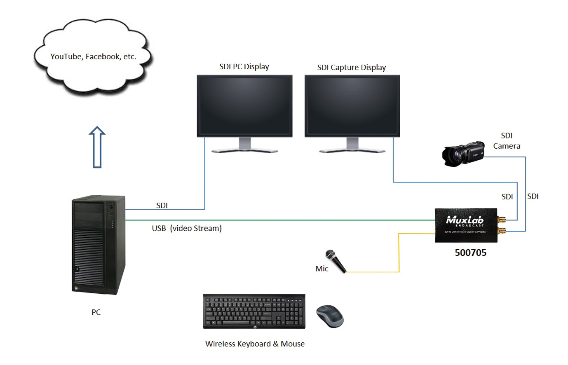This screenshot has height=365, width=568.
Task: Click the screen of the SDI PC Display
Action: (x=244, y=105)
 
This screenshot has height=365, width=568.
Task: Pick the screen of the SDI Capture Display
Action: (x=352, y=105)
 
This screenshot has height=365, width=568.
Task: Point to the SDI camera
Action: (x=462, y=154)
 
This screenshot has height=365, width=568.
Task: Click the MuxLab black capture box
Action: (x=466, y=225)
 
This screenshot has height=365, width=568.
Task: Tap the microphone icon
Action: (x=336, y=261)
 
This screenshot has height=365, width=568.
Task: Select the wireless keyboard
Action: (x=254, y=311)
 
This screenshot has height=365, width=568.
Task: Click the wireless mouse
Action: (x=329, y=316)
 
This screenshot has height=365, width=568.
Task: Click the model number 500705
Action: (x=470, y=253)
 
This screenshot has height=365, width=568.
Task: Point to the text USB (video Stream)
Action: (x=187, y=228)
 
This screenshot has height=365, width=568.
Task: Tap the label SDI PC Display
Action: (x=244, y=67)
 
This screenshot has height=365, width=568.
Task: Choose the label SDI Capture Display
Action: (x=352, y=68)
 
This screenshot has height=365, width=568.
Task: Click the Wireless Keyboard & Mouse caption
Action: (x=255, y=344)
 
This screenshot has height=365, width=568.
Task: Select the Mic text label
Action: (x=322, y=269)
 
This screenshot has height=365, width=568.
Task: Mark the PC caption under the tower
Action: (x=96, y=312)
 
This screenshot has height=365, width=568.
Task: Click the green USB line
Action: (x=280, y=220)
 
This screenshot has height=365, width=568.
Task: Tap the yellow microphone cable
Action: (x=399, y=255)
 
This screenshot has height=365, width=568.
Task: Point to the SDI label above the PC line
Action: (x=162, y=205)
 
